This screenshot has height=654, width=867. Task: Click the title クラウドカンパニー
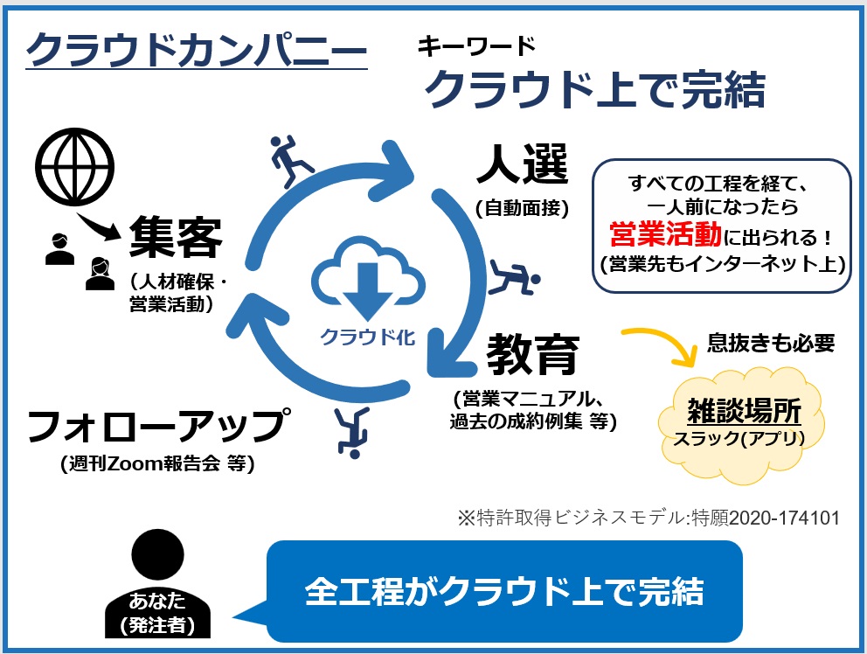pos(197,50)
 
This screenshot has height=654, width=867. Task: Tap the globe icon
pos(74,166)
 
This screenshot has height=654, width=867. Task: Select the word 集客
pos(176,238)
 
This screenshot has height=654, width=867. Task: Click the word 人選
pos(523,163)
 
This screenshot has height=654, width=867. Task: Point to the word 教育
pos(533,354)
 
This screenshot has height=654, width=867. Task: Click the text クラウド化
pos(368,337)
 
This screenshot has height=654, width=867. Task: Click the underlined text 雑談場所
pos(744,411)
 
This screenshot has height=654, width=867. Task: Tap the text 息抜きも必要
pos(771,343)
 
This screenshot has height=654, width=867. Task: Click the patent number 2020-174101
pos(784,518)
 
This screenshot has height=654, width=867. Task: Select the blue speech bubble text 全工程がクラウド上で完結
pos(504,591)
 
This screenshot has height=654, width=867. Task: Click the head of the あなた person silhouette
pos(157,555)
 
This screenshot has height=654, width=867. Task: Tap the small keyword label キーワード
pos(476,46)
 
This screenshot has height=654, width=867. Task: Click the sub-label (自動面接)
pos(522,209)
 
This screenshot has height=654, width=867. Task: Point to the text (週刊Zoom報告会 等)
pos(157,463)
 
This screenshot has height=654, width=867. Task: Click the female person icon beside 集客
pos(101,274)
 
